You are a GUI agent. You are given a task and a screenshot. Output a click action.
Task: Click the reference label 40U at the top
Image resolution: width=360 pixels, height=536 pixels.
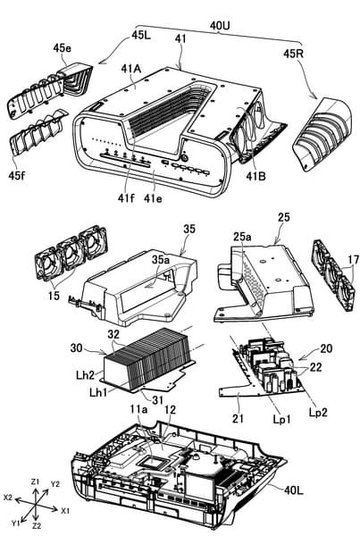(220, 25)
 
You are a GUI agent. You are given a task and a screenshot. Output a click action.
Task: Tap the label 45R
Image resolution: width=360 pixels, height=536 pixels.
(294, 54)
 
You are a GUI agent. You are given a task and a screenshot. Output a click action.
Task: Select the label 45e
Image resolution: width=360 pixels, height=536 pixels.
(63, 48)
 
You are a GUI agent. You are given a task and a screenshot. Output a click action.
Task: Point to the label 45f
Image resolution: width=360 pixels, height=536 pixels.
(18, 175)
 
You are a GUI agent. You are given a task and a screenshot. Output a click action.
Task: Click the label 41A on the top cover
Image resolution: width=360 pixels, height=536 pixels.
(131, 69)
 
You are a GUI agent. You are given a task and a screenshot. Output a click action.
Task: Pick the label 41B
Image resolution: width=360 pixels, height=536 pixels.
(256, 176)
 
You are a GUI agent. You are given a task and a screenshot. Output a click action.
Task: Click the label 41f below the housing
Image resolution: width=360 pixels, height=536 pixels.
(126, 197)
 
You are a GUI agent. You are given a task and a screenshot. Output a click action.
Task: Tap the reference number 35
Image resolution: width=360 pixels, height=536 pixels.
(189, 229)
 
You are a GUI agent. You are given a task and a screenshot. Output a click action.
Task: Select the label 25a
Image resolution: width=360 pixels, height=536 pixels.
(242, 237)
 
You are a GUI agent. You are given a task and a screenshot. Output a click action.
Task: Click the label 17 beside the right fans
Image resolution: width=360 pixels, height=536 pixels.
(354, 260)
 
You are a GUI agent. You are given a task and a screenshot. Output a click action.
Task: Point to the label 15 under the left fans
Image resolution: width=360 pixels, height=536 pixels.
(54, 296)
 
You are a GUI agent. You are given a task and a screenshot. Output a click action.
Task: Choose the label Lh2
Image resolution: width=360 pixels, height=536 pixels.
(85, 375)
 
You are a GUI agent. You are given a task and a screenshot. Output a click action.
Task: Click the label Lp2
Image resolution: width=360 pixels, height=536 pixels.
(318, 412)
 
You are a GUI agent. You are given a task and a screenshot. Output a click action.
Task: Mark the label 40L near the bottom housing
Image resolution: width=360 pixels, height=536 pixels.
(294, 490)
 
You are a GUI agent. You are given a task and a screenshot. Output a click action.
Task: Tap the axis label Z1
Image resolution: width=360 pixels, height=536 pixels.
(36, 482)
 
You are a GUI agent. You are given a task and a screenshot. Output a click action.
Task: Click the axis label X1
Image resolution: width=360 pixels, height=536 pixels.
(65, 511)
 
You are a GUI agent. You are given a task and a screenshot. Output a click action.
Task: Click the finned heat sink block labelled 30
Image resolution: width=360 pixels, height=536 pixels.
(147, 358)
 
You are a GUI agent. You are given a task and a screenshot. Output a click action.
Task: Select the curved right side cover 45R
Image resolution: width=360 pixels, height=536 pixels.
(322, 133)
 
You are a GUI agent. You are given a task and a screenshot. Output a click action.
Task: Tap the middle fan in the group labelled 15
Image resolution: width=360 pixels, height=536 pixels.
(71, 255)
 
